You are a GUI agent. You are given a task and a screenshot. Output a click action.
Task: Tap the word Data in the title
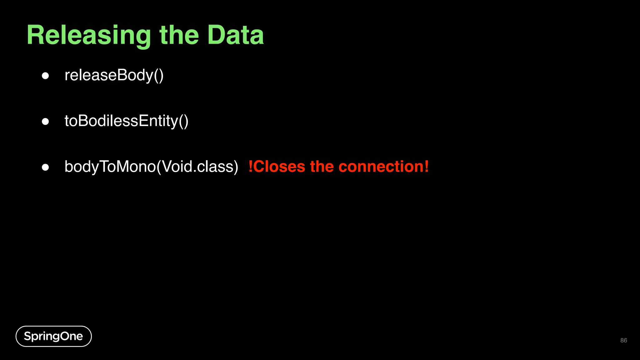(235, 35)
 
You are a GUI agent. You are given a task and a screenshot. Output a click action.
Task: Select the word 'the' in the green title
(179, 35)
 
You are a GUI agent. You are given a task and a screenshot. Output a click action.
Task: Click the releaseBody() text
(114, 75)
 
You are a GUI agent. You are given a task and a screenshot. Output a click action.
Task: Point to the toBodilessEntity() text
(126, 121)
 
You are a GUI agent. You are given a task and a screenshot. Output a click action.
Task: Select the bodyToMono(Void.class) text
(151, 167)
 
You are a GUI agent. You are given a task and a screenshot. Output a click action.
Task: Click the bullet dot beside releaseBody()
(45, 76)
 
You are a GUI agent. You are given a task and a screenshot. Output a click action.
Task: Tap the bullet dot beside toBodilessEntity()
(45, 122)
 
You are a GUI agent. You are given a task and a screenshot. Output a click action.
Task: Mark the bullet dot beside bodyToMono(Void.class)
(45, 167)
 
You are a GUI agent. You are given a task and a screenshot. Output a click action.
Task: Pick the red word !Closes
(277, 167)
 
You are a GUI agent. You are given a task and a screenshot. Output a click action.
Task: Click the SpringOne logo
(53, 336)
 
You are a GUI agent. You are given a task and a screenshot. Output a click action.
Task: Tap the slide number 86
(623, 340)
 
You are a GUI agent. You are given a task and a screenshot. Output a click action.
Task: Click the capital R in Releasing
(36, 35)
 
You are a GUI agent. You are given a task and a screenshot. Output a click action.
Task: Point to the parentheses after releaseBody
(158, 76)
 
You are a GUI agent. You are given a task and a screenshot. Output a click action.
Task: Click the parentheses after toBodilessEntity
(183, 121)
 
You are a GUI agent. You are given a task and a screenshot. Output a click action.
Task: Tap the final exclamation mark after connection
(427, 167)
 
